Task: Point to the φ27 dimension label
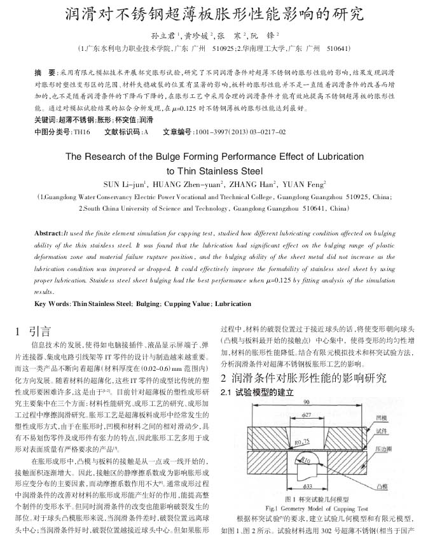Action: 306,414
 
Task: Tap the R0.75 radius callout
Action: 303,439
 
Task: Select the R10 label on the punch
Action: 307,457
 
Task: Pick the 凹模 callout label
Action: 399,417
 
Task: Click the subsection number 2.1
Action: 227,393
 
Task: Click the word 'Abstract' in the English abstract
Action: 48,234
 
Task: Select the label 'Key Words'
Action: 53,303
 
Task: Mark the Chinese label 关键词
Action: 45,120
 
